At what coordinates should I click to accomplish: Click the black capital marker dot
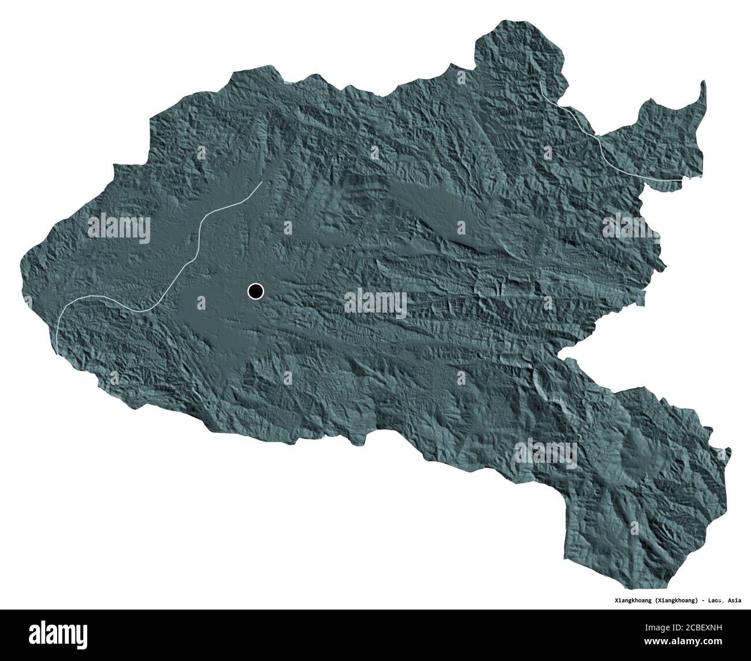[x=255, y=291]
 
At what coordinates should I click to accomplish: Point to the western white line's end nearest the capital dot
[x=262, y=183]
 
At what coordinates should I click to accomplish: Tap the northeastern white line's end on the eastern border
[x=682, y=181]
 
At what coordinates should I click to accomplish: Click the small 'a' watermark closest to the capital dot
[x=201, y=300]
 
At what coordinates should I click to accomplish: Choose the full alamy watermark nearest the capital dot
[x=375, y=301]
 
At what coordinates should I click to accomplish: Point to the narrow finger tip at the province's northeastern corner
[x=702, y=84]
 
